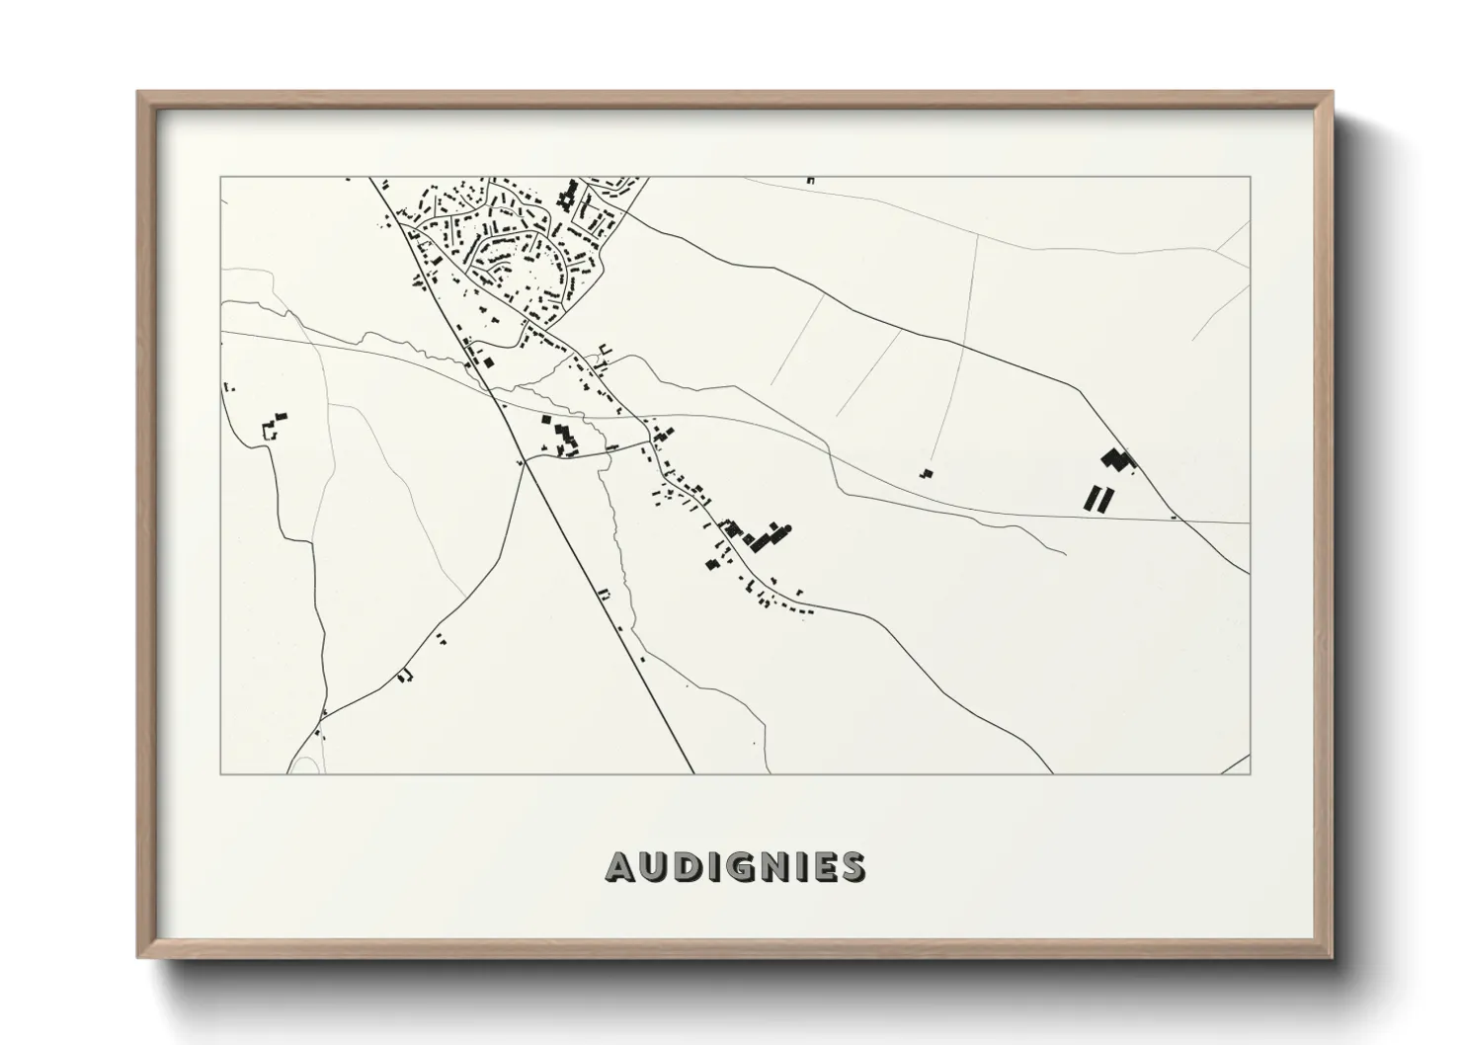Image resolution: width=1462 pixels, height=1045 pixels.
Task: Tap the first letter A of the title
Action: point(620,866)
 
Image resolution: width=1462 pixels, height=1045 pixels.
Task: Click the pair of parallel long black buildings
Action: point(1097,497)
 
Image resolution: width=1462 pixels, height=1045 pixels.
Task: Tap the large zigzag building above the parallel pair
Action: point(1118,458)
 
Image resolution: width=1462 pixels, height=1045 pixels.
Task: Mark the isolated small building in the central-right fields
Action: point(926,474)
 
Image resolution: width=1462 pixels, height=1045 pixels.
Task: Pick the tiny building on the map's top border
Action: point(810,181)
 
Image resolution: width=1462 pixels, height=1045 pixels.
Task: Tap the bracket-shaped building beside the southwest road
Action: point(404,675)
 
